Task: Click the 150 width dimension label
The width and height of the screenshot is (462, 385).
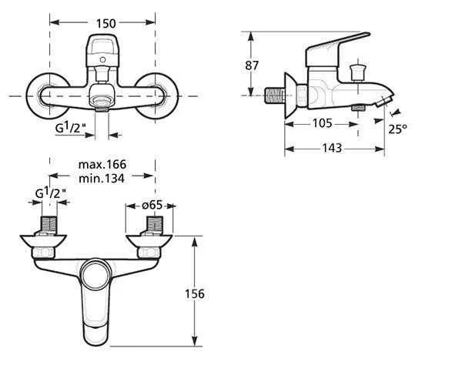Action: pyautogui.click(x=106, y=23)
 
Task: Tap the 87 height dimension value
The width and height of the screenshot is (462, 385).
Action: pyautogui.click(x=252, y=65)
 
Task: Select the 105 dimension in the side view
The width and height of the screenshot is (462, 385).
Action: pyautogui.click(x=323, y=123)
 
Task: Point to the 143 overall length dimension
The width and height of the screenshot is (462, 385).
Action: pyautogui.click(x=332, y=148)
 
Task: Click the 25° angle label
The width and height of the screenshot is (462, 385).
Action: pyautogui.click(x=397, y=129)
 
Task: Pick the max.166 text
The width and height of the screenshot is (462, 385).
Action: pyautogui.click(x=102, y=164)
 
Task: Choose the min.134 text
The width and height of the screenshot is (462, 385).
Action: pyautogui.click(x=102, y=178)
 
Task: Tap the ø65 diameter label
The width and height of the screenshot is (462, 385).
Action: pyautogui.click(x=152, y=205)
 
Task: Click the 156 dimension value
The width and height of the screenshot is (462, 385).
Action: pyautogui.click(x=195, y=293)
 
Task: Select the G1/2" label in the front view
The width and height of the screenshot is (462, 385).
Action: pyautogui.click(x=71, y=127)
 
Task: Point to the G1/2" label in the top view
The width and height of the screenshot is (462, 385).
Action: pyautogui.click(x=51, y=193)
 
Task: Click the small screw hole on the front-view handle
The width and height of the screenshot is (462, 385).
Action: pyautogui.click(x=102, y=60)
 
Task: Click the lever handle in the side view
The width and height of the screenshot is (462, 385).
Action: pyautogui.click(x=337, y=49)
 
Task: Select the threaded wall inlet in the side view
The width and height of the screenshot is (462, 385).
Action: pyautogui.click(x=275, y=95)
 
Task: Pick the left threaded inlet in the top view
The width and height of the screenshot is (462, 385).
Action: pyautogui.click(x=49, y=225)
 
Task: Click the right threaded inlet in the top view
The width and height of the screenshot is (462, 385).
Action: pyautogui.click(x=155, y=225)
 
